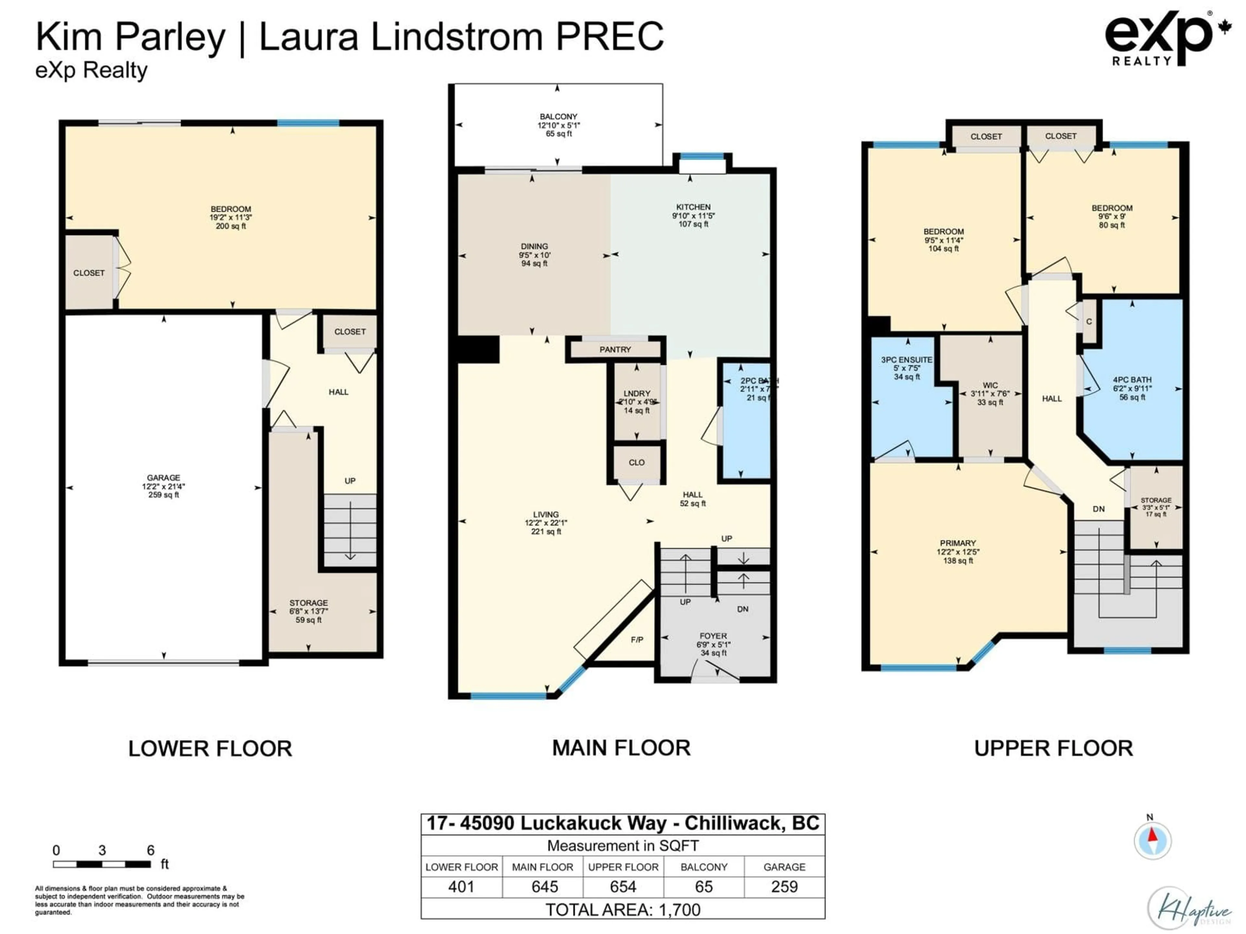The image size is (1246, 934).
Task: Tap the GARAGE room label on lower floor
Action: (163, 477)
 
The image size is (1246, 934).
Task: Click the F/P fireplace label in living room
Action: (637, 640)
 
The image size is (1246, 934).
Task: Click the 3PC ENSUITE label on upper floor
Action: (906, 360)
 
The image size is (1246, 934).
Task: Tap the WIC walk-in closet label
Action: (990, 386)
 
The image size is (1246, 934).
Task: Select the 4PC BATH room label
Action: (1132, 380)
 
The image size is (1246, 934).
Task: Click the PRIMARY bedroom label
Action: (958, 543)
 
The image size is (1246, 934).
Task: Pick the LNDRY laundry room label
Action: (637, 393)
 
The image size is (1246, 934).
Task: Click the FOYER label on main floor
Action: (713, 636)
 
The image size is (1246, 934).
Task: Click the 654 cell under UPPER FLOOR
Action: (623, 887)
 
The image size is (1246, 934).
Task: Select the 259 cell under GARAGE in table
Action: (784, 887)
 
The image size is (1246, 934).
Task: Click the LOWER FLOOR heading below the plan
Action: (210, 749)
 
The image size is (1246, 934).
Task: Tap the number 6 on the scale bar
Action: (151, 850)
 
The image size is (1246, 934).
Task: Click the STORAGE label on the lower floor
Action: (308, 603)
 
